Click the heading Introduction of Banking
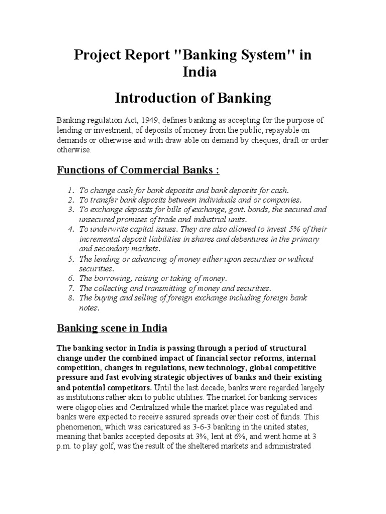click(x=193, y=98)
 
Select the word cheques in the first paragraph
click(x=272, y=141)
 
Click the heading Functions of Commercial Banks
click(x=138, y=170)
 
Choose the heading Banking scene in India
click(x=112, y=329)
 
